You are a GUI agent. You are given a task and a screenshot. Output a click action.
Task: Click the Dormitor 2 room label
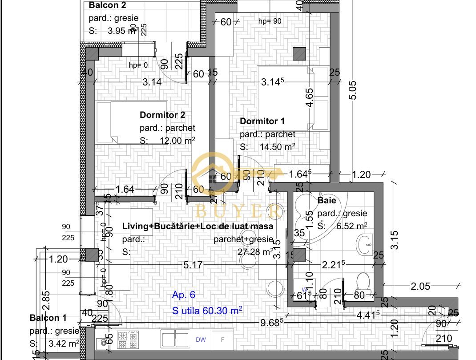coord(162,115)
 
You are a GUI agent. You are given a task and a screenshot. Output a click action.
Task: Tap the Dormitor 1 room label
coord(262,121)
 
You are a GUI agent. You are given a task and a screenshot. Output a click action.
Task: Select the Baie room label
coord(327,201)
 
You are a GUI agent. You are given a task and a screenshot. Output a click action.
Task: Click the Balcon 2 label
coord(107,5)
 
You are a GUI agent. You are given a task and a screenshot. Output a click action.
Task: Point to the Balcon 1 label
coord(48,318)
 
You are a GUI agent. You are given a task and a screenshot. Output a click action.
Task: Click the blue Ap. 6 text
coord(183,295)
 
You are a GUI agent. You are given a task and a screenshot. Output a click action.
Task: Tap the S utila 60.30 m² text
coord(207,310)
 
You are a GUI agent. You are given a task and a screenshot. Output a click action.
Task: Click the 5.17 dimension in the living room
coord(193,265)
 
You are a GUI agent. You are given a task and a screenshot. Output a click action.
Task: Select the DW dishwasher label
coord(201,340)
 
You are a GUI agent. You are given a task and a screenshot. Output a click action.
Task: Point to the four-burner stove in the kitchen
coord(128,340)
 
